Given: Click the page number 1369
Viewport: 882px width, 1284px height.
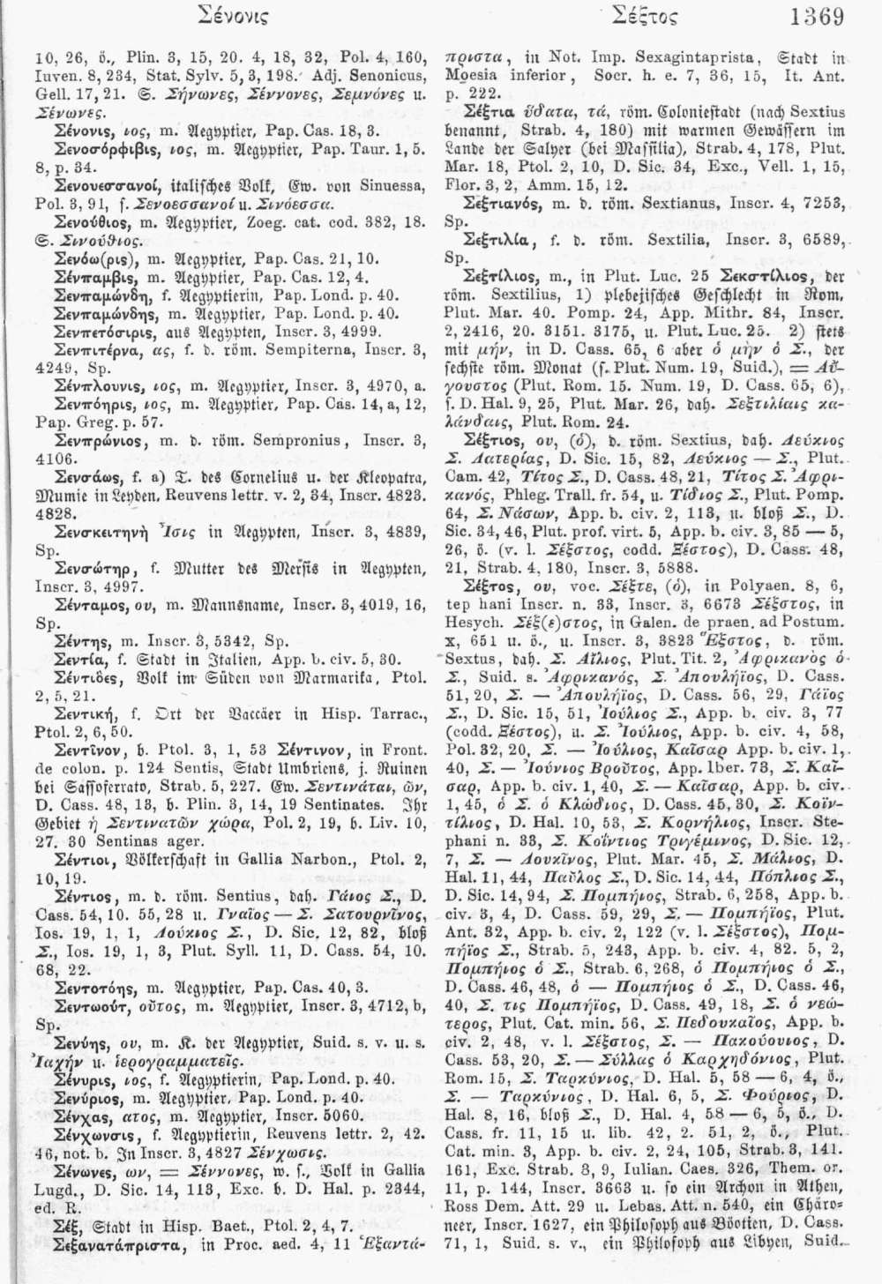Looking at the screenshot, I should (x=818, y=18).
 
